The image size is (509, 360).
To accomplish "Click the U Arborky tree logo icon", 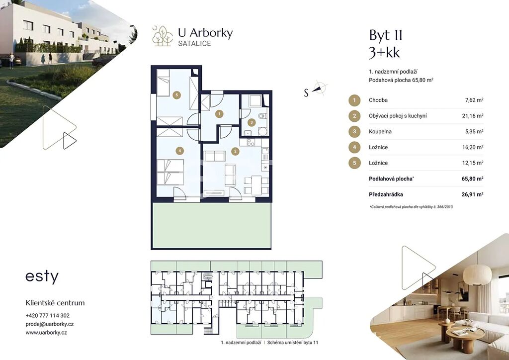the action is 163,36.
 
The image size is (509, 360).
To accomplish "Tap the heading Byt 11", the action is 386,36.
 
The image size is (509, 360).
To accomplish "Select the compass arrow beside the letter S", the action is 320,88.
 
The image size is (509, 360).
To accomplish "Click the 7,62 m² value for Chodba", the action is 474,100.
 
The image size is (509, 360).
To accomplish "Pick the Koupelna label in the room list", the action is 380,131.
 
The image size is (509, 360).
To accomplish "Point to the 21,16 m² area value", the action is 473,116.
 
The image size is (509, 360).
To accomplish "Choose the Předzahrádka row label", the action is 386,194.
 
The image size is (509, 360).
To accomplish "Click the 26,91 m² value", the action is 472,194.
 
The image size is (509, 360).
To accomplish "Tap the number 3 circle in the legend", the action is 354,131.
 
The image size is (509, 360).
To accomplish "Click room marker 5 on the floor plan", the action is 176,95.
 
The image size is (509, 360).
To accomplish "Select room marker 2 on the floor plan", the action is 235,151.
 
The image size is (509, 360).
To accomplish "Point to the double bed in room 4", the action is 170,172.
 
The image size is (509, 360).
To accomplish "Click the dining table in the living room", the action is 256,185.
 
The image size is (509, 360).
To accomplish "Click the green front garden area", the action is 211,225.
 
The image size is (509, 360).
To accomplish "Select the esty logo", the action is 42,277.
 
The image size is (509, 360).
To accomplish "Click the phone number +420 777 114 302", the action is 47,316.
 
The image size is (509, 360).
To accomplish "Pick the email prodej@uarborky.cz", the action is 50,324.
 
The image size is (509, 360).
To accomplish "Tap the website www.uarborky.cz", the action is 46,333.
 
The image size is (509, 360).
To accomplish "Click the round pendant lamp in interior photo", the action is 477,274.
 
